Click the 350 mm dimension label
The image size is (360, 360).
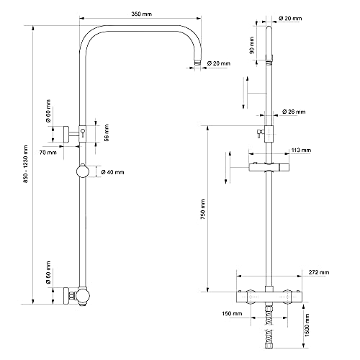[142, 14]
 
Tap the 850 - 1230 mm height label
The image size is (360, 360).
[26, 164]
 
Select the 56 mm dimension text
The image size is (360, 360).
[107, 132]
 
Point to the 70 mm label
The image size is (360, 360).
[48, 153]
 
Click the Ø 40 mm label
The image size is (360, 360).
[112, 172]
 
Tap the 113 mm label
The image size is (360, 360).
[301, 150]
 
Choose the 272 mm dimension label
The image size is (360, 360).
[319, 272]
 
